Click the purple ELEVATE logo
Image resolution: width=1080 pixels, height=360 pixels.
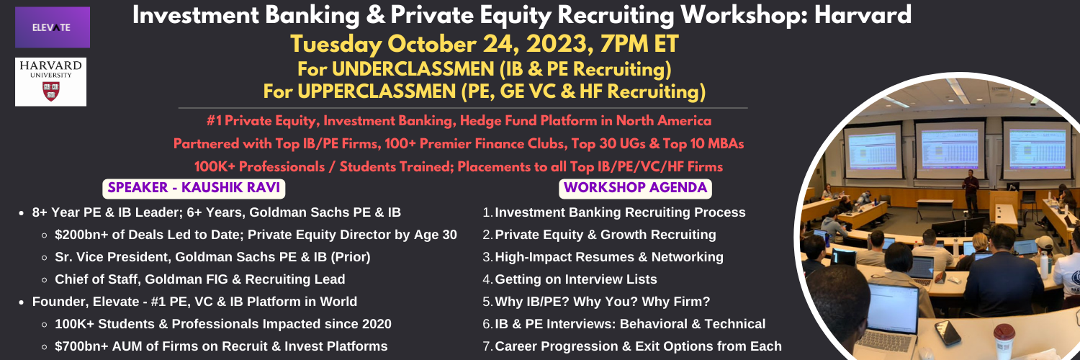pos(53,27)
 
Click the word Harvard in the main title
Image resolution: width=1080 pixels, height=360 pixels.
pos(863,15)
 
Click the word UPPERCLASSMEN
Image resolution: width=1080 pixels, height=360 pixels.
pos(377,91)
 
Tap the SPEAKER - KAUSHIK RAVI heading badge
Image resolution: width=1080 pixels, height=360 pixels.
pos(194,188)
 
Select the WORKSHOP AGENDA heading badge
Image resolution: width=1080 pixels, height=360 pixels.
pos(635,188)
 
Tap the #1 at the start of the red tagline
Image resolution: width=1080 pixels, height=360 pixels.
pos(214,121)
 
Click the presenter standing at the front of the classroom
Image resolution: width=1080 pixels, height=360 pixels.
pos(970,191)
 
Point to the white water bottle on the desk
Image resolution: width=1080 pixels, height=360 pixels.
pos(1044,264)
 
